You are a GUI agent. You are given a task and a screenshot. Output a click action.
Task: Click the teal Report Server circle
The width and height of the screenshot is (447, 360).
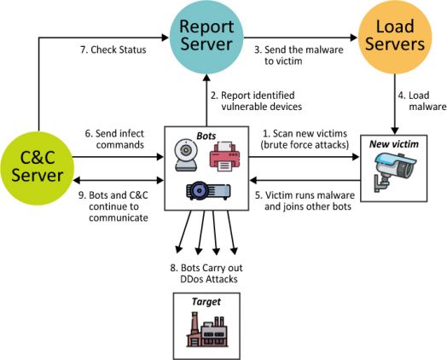click(x=206, y=38)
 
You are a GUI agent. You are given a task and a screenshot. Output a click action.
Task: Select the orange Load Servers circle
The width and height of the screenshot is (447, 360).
click(x=395, y=38)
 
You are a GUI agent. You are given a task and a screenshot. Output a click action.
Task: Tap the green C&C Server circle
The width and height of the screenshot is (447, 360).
click(x=38, y=168)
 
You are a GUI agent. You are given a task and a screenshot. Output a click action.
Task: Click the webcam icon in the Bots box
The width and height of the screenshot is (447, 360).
click(x=186, y=155)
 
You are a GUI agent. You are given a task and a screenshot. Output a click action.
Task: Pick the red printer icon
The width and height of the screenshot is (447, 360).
click(x=224, y=156)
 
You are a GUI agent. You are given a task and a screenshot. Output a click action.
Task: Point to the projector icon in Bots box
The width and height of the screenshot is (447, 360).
click(x=208, y=190)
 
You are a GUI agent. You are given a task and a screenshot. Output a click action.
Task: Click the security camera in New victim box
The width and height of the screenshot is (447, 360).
click(x=394, y=171)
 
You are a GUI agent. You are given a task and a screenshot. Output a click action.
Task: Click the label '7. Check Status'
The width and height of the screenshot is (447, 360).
click(x=113, y=49)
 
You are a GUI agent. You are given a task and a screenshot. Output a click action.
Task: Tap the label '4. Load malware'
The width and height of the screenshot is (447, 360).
click(x=422, y=101)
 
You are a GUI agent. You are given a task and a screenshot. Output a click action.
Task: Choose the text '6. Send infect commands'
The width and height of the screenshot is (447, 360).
click(x=114, y=139)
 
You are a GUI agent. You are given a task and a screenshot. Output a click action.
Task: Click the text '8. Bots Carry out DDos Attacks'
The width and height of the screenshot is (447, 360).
click(x=206, y=273)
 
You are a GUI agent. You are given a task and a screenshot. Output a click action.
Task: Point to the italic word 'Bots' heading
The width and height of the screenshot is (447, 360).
click(x=206, y=136)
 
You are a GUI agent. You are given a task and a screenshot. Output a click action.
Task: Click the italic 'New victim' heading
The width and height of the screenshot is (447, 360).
click(x=394, y=144)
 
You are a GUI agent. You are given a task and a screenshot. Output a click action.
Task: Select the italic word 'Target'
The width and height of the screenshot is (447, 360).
click(x=206, y=302)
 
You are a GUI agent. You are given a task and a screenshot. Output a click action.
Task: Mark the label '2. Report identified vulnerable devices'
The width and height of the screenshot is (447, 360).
click(x=256, y=101)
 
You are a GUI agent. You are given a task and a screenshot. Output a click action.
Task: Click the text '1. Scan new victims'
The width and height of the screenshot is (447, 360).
click(x=305, y=133)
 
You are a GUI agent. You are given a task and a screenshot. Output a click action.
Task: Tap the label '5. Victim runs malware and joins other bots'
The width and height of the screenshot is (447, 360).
click(x=305, y=200)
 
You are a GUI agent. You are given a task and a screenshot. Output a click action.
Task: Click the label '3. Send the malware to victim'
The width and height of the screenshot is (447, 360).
click(x=299, y=55)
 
